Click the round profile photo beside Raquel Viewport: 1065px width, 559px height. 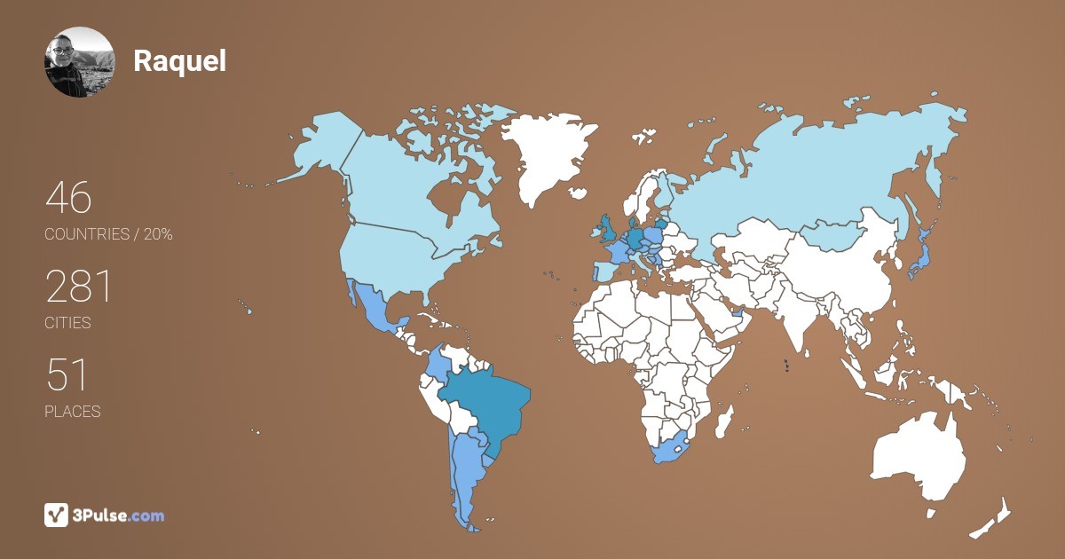point(79,62)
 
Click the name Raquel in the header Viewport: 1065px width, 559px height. point(179,61)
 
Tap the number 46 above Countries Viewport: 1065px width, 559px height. point(68,198)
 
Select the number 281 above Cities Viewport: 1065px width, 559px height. point(79,287)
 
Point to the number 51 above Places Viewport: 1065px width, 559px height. point(67,375)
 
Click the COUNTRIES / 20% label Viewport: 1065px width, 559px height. point(108,234)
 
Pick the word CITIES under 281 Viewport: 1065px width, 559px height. point(67,323)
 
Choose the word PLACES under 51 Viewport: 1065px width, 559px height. point(72,412)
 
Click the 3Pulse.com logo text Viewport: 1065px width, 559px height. point(120,515)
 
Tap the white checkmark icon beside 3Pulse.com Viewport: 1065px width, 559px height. point(57,515)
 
